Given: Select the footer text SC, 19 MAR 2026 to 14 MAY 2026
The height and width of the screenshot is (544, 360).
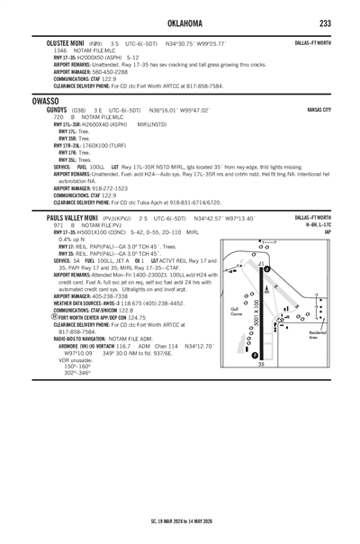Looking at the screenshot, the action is (179, 521).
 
